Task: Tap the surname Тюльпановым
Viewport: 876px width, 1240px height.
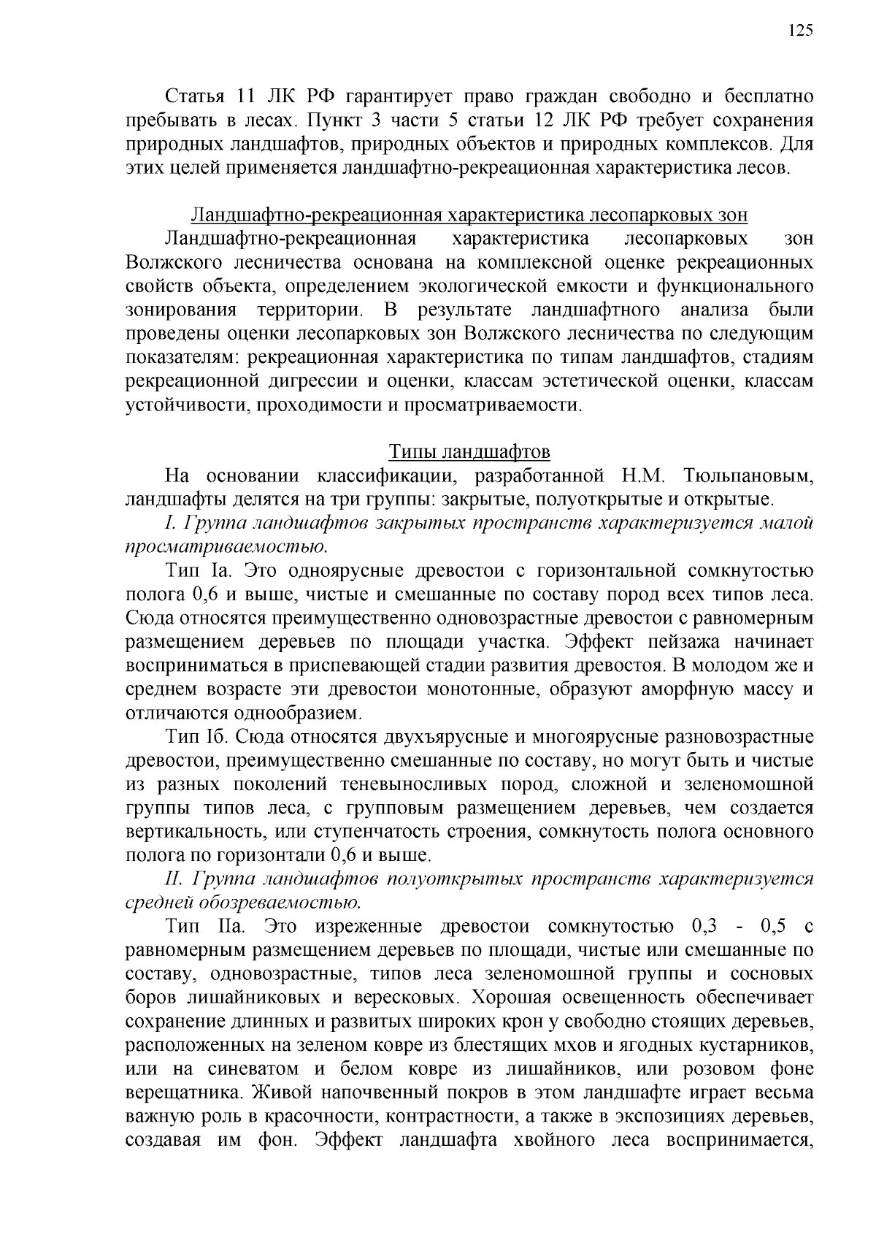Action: click(x=748, y=476)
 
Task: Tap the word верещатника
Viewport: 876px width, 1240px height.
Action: click(x=185, y=1094)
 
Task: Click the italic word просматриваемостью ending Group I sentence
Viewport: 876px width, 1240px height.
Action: click(x=226, y=547)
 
